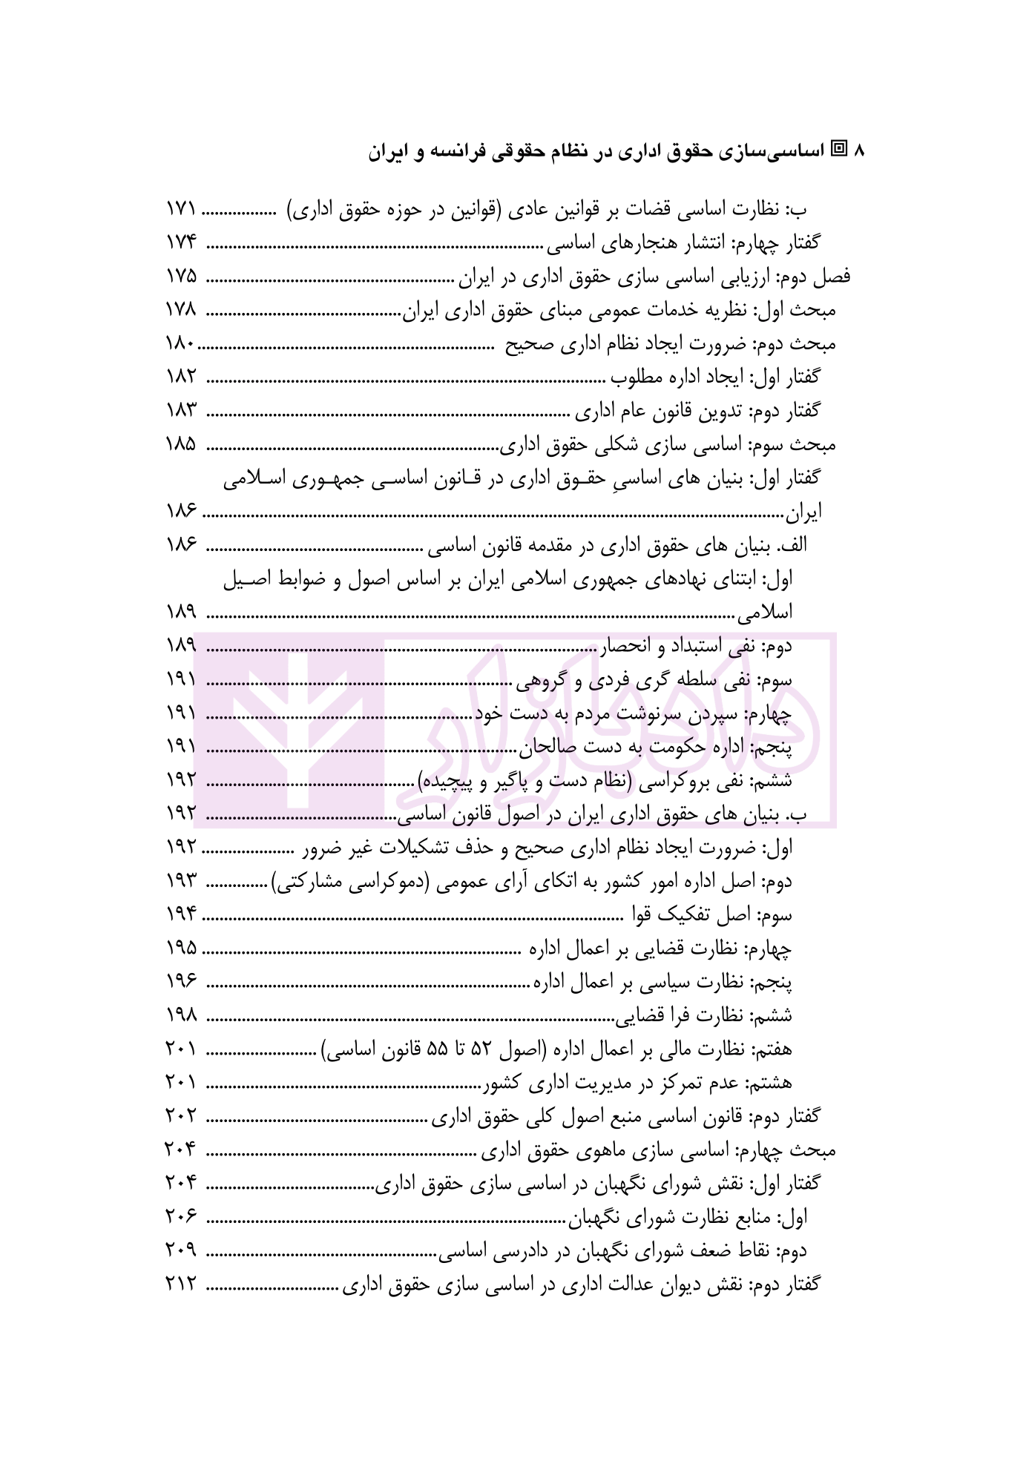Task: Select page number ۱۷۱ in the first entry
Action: tap(181, 210)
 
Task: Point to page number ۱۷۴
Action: tap(181, 243)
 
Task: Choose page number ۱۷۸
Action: tap(181, 311)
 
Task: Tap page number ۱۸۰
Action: tap(181, 344)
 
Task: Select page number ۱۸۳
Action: tap(181, 411)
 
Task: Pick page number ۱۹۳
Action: tap(181, 881)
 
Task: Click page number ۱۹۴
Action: tap(181, 914)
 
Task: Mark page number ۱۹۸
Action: tap(181, 1015)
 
